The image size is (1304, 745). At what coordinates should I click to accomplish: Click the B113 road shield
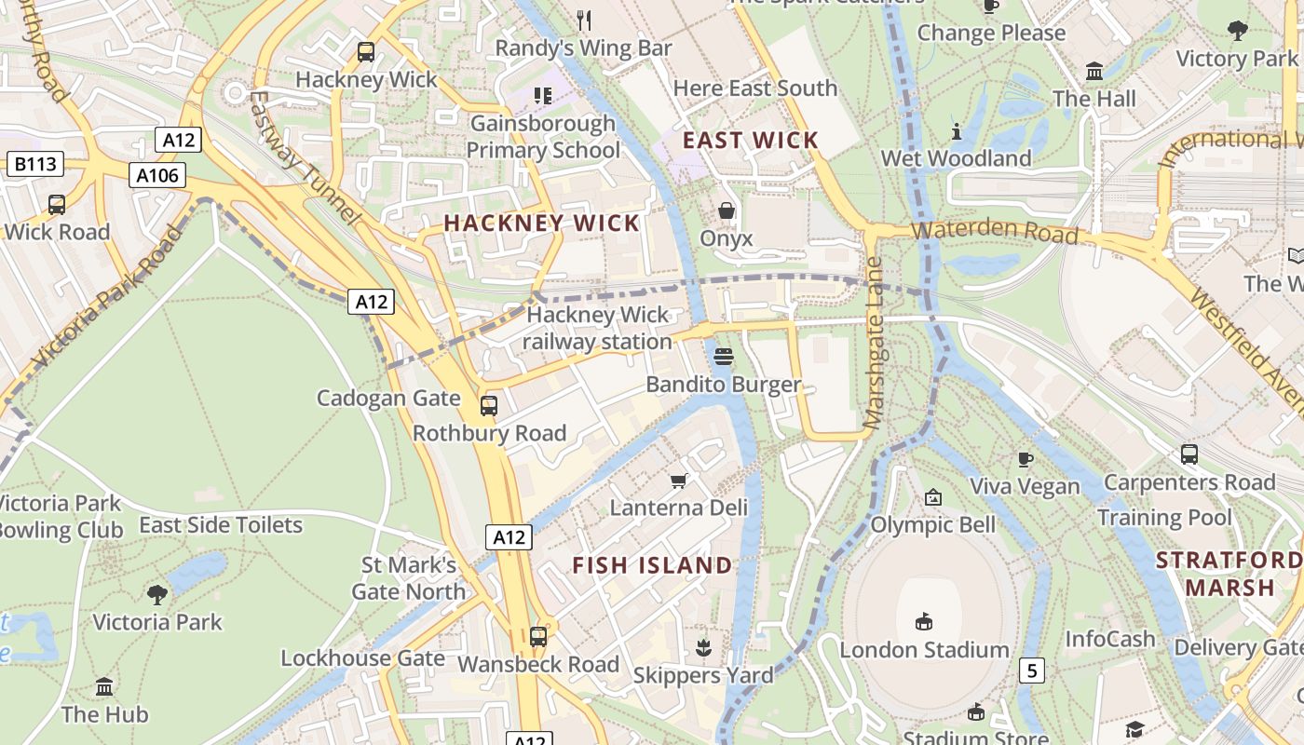tap(34, 165)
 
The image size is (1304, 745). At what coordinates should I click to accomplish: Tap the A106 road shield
tap(156, 175)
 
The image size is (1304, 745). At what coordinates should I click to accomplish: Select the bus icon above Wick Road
tap(57, 205)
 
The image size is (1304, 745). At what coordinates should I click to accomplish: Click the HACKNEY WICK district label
tap(542, 223)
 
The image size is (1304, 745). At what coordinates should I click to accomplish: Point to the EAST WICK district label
tap(751, 141)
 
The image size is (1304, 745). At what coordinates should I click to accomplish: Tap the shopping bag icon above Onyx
tap(727, 211)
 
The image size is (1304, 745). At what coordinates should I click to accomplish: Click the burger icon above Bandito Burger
tap(724, 357)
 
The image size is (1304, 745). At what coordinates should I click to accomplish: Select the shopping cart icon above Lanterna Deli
tap(679, 481)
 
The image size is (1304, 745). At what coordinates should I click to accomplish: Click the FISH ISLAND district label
tap(652, 565)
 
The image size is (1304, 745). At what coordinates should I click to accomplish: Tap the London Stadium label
tap(924, 649)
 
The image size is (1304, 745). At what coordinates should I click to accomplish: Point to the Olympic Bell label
tap(932, 525)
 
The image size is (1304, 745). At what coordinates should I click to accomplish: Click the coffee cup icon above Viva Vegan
tap(1025, 458)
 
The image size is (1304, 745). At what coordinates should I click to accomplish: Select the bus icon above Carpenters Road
tap(1189, 454)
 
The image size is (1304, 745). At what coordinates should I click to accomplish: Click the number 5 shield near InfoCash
tap(1031, 670)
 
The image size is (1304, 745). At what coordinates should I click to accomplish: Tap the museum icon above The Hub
tap(104, 687)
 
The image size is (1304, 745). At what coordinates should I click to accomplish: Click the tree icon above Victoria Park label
tap(157, 594)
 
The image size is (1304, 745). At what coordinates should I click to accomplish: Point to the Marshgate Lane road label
tap(874, 343)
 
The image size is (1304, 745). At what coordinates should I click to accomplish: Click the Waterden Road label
tap(995, 232)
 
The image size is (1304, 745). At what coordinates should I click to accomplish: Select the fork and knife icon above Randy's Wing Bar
tap(584, 20)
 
